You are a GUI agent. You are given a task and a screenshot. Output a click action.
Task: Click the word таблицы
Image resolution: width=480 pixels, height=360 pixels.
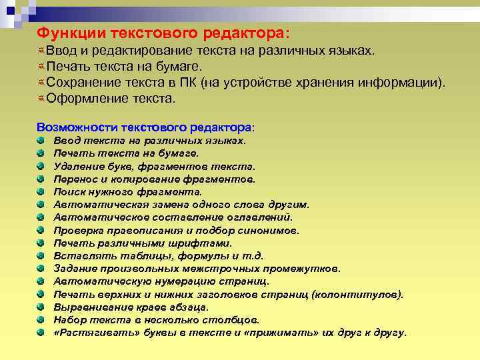tap(129, 256)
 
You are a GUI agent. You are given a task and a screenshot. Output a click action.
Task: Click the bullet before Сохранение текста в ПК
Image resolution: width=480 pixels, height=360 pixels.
tap(41, 82)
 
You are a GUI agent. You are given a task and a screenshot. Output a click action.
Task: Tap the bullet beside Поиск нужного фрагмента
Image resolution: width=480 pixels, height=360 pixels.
tap(41, 192)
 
